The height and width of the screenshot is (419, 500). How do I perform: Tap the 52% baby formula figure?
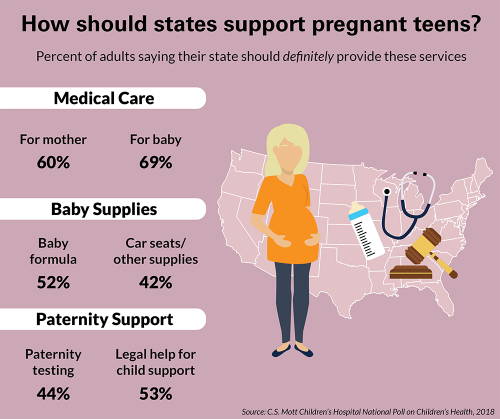[52, 282]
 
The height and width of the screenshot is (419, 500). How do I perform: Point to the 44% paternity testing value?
[52, 392]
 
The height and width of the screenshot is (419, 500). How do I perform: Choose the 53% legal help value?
[156, 392]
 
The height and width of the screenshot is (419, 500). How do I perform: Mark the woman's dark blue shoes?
[290, 350]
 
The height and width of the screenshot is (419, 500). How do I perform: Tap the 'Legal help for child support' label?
[156, 362]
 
